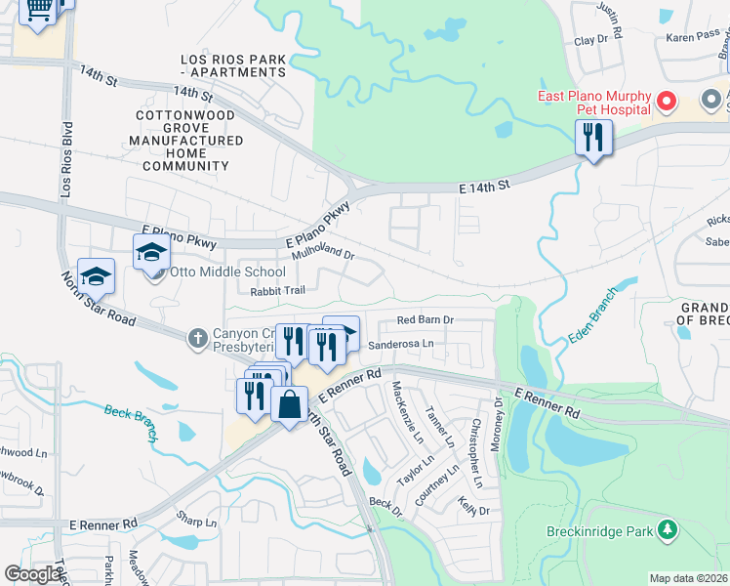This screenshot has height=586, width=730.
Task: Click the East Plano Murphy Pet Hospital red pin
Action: pos(668,101)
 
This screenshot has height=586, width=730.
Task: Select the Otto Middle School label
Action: pos(228,272)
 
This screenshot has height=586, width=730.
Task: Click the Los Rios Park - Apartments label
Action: pos(234,65)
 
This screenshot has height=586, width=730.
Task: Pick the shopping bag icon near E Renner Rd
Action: pos(290,404)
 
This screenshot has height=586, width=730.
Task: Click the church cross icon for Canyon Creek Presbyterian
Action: pos(197,338)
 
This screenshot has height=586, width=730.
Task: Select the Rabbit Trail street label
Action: pos(278,290)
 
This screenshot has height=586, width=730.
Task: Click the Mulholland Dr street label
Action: pos(323,252)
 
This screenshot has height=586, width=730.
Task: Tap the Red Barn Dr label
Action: pos(426,319)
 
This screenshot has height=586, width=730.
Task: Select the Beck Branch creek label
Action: pos(131,421)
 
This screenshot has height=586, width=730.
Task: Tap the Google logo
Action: pos(33,574)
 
